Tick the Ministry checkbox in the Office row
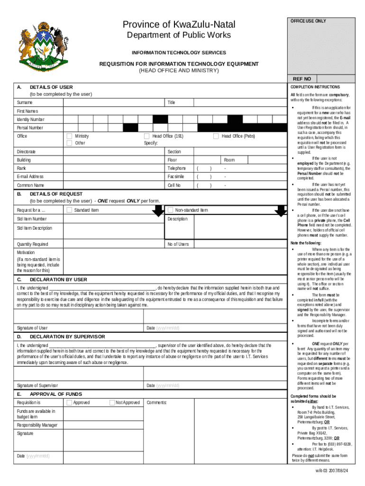click(69, 136)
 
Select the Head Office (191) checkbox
click(147, 136)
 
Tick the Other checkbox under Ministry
click(69, 143)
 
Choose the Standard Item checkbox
click(69, 210)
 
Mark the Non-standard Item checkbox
click(170, 210)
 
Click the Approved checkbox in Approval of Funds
click(69, 402)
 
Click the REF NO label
click(302, 79)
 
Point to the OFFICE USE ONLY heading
click(309, 21)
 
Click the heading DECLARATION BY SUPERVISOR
click(67, 336)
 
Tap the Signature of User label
click(32, 328)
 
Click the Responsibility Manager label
click(37, 425)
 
